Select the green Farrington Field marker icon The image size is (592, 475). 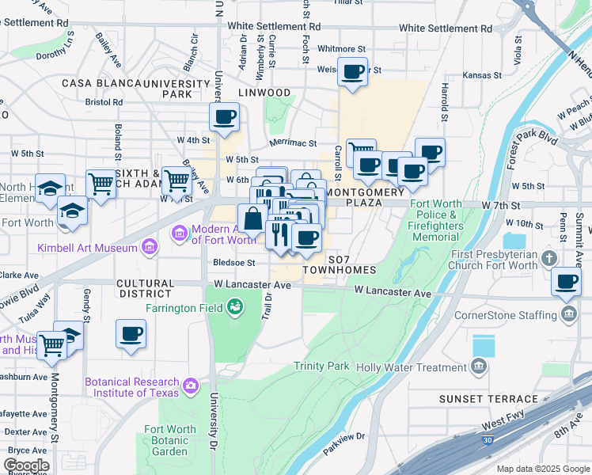(234, 306)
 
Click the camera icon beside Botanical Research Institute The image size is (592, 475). (190, 386)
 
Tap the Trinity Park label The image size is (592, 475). (321, 366)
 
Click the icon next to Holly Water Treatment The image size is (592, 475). (479, 367)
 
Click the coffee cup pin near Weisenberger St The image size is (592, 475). (353, 72)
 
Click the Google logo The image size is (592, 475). (26, 465)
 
